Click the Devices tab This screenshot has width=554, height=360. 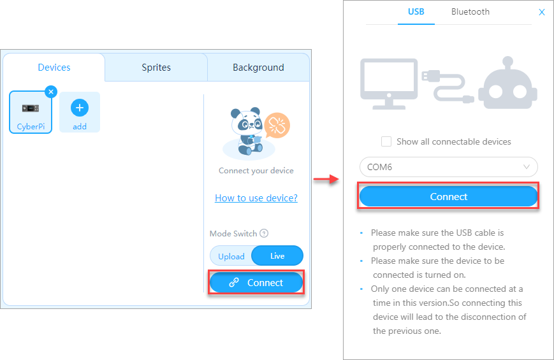coord(54,68)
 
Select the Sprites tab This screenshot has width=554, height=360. coord(156,68)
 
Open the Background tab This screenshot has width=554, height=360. coord(258,68)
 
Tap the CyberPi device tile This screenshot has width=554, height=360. coord(31,112)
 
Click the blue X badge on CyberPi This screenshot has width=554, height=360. coord(51,92)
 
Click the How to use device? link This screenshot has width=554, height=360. coord(256,198)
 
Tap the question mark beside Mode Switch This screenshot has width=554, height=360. coord(264,233)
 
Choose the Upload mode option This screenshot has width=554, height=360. coord(231,256)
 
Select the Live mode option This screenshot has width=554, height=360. coord(277,256)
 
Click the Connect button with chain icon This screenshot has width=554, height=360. coord(256,283)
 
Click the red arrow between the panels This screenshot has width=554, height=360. coord(326,179)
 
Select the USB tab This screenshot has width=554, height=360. coord(416,12)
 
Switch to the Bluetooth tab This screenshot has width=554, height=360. coord(470,12)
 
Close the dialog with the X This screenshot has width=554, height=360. coord(542,12)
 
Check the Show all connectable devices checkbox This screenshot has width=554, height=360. coord(386,141)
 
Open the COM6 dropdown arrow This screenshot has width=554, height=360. coord(527,167)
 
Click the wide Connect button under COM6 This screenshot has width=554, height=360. coord(448,196)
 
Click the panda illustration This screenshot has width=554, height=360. coord(248,131)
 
